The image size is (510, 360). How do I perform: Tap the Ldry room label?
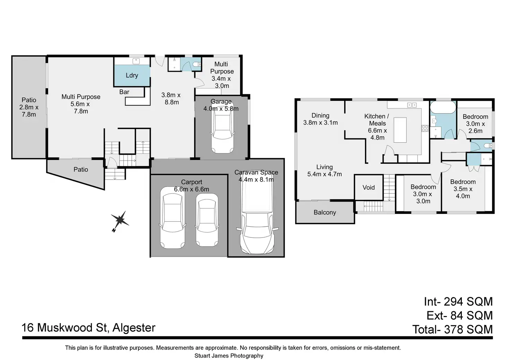coord(132,75)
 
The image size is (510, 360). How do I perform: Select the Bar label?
coord(124,92)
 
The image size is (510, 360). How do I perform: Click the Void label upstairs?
coord(369,188)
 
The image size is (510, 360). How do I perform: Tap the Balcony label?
coord(325,213)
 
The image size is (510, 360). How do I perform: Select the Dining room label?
coord(320,119)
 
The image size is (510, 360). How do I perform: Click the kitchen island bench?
coord(400,130)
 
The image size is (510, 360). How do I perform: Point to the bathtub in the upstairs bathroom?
coord(443,107)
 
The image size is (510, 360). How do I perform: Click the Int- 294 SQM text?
coord(458,302)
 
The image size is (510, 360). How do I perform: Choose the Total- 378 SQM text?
coord(452,329)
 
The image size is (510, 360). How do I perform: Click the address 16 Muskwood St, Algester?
coord(89,327)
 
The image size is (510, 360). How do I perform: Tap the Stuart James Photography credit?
coord(229,355)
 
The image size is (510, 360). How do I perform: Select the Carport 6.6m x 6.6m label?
coord(192,186)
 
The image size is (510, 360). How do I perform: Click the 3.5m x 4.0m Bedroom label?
coord(463,189)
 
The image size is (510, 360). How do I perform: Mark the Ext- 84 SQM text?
coord(459,316)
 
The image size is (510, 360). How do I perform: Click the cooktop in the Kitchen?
coord(425,128)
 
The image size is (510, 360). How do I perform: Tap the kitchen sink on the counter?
coord(412,105)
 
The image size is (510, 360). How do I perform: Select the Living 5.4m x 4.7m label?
coord(325,171)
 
